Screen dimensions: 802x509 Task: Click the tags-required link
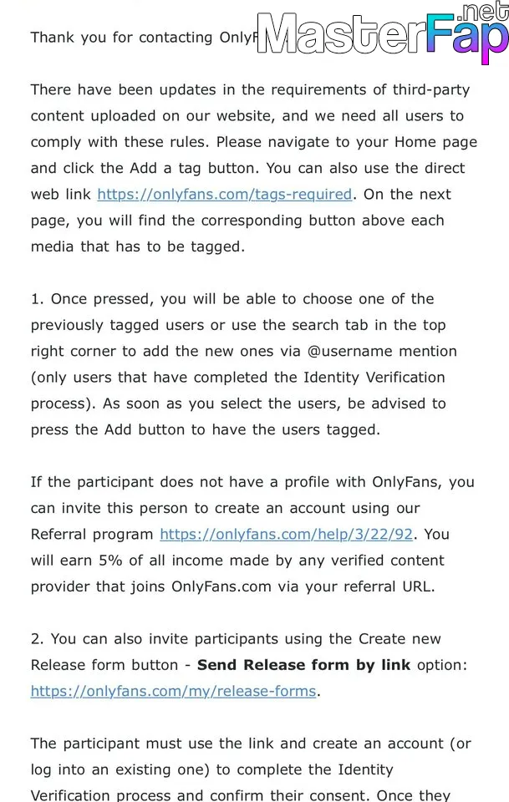point(224,195)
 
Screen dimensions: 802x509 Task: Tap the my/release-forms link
point(174,691)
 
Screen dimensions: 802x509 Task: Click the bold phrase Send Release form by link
point(303,665)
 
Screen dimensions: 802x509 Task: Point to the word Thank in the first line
point(52,38)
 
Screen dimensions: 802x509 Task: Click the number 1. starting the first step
point(38,299)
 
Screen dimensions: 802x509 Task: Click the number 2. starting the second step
point(38,639)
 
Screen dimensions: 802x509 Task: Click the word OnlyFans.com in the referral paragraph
point(221,586)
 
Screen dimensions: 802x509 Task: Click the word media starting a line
point(52,247)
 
